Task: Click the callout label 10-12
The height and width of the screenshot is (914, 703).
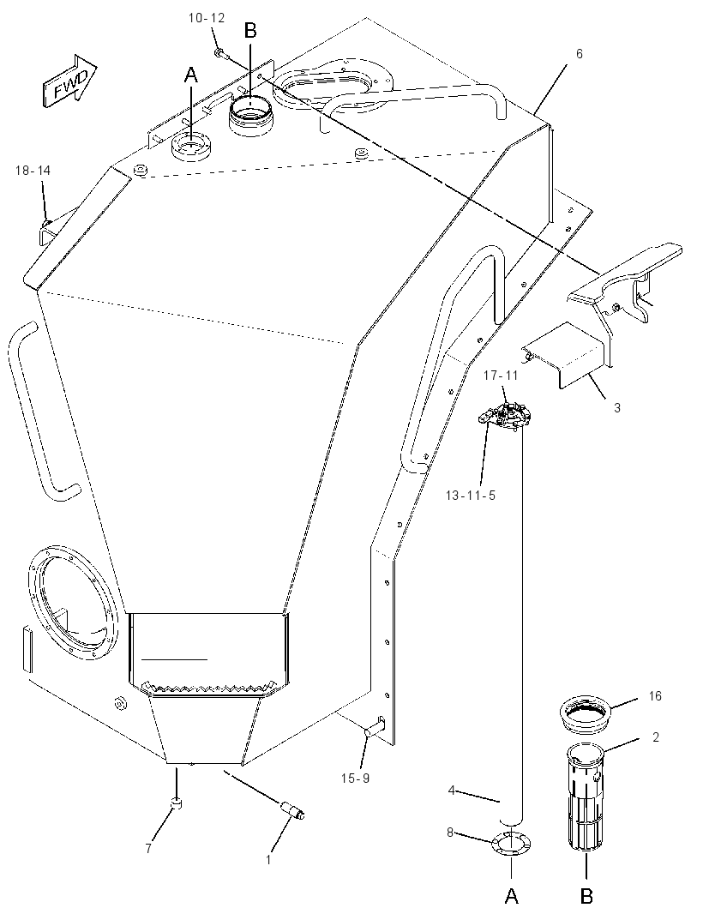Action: click(207, 18)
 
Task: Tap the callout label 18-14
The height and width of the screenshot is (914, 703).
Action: click(33, 171)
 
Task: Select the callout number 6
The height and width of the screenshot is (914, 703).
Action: click(579, 54)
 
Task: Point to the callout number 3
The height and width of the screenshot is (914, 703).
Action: click(617, 407)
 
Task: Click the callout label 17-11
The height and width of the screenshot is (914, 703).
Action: click(500, 376)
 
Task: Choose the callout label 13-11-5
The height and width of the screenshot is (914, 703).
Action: click(471, 496)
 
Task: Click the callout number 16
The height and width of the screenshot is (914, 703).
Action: click(655, 695)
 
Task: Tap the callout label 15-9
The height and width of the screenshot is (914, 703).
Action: click(355, 778)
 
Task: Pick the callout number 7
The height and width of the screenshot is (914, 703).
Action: click(148, 848)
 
